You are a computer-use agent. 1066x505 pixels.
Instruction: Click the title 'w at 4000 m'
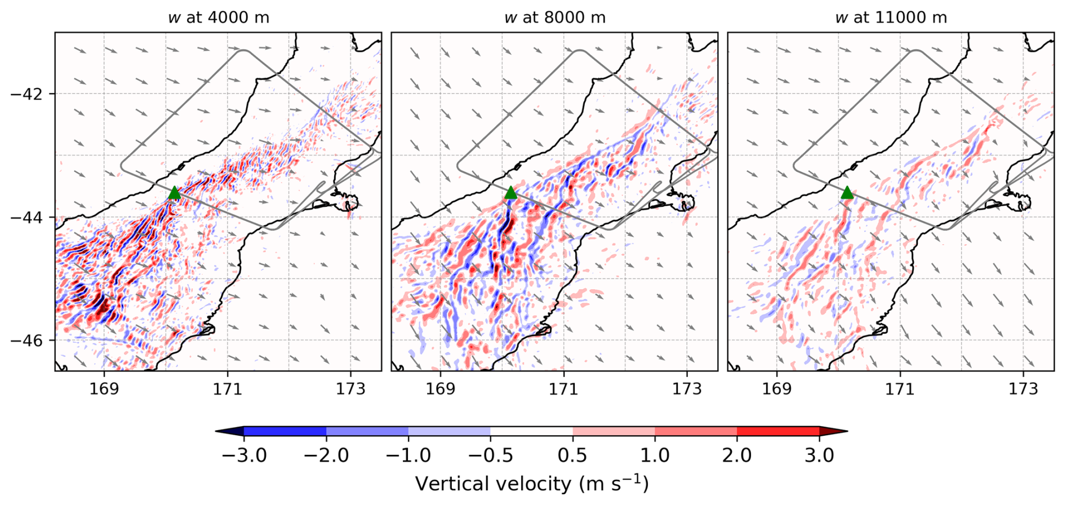[219, 17]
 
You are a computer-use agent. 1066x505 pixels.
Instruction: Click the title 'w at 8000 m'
[555, 17]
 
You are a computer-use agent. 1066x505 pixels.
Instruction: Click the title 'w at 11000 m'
[891, 17]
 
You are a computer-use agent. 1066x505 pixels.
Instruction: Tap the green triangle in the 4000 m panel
[174, 193]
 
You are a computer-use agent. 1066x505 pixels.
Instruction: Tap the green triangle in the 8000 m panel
[510, 193]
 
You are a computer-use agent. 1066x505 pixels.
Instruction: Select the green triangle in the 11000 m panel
[847, 193]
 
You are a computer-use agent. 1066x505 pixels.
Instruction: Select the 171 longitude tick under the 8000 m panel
[564, 389]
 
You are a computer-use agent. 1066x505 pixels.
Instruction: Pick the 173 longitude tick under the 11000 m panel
[1023, 389]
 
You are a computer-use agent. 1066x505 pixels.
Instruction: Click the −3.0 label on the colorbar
[244, 455]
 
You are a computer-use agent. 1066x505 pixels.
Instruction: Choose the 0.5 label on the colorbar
[573, 455]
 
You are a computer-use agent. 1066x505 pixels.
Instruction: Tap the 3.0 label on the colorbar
[819, 455]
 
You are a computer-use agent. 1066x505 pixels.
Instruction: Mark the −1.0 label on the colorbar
[408, 455]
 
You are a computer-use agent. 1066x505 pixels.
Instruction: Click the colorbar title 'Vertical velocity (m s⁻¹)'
[532, 484]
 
